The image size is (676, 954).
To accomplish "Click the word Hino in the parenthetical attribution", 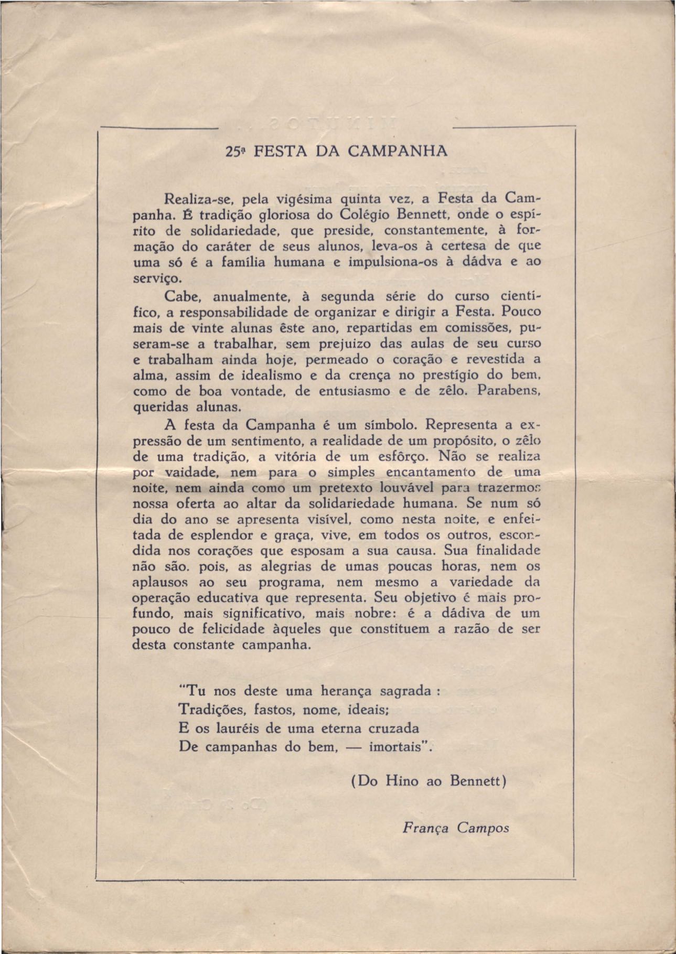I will pyautogui.click(x=402, y=781).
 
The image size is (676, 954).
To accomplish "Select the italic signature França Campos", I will pyautogui.click(x=456, y=828).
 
